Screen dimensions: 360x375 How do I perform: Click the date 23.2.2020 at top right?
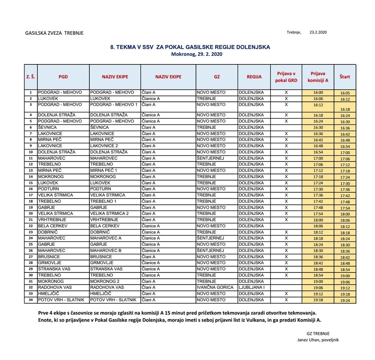coord(318,32)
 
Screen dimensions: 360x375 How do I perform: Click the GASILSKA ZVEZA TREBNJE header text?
coord(54,33)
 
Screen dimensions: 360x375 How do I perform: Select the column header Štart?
coord(345,77)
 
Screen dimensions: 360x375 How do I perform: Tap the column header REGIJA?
coord(254,77)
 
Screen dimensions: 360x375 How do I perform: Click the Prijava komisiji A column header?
coord(318,77)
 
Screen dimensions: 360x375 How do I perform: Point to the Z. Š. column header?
coord(31,77)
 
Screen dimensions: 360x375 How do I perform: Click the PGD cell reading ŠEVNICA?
coord(48,127)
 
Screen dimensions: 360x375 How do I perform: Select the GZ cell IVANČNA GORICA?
coord(215,287)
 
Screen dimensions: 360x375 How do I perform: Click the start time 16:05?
coord(345,93)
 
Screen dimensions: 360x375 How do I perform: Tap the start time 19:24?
coord(345,300)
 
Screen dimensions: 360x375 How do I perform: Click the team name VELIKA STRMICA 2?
coord(109,214)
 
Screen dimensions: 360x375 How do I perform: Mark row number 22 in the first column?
coord(31,226)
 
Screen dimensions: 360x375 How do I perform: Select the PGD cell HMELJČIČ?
coord(49,294)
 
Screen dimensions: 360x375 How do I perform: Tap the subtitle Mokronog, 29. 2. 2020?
coord(197,54)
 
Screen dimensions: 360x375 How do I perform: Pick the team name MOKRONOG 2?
coord(105,281)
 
